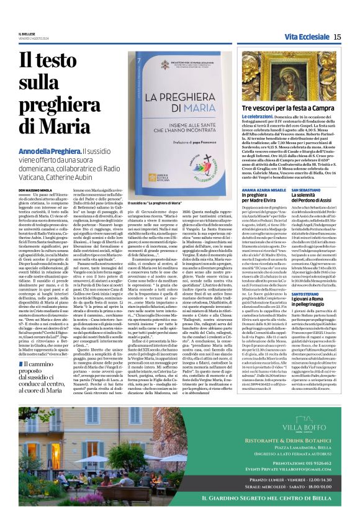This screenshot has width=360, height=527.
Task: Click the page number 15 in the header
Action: point(337,37)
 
